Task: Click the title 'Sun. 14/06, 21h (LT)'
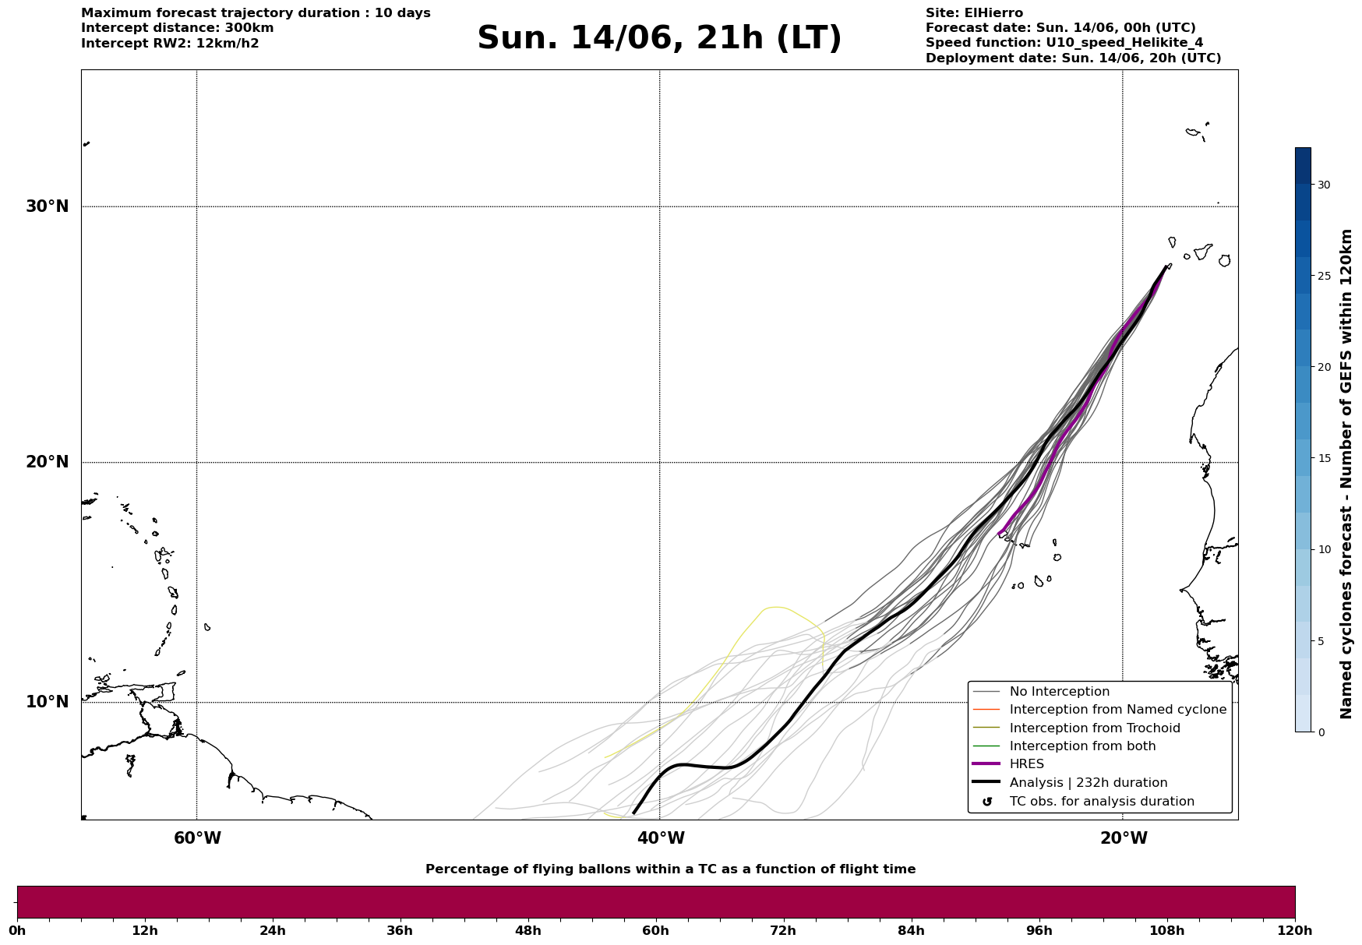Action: [659, 38]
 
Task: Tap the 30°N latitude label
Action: [48, 206]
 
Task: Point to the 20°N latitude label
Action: [48, 462]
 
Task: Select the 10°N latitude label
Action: [48, 702]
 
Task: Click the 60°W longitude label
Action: [197, 838]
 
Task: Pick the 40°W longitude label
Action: [661, 838]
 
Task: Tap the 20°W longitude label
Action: [1124, 838]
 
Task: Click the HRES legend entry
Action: [1027, 764]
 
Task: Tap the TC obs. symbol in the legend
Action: [987, 802]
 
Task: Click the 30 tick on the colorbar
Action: [1324, 185]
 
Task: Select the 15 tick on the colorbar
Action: [1324, 458]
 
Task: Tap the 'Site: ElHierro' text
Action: [974, 13]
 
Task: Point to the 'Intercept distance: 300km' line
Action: [178, 28]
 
